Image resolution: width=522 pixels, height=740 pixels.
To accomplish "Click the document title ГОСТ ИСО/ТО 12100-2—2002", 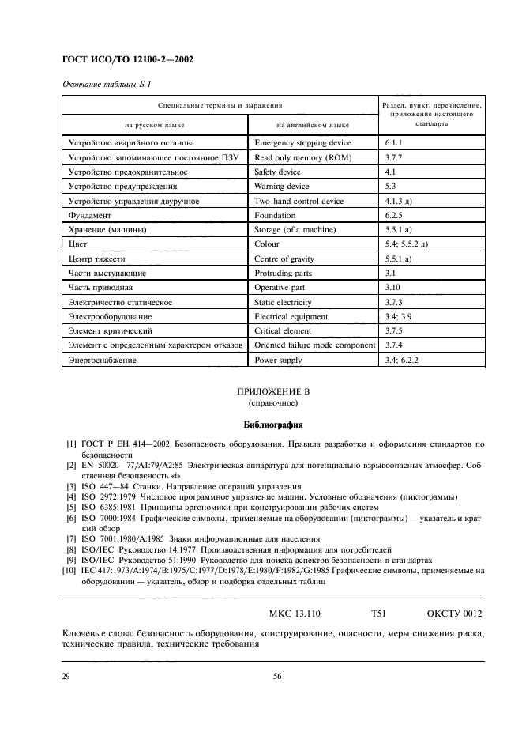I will pos(127,59).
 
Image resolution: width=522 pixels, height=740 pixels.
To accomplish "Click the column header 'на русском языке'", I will pos(155,125).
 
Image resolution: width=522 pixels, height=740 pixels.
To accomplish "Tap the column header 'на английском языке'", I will pos(313,125).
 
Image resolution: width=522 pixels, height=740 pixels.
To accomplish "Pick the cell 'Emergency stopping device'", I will pos(302,143).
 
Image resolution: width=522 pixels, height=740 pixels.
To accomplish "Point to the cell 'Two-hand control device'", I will pos(299,201).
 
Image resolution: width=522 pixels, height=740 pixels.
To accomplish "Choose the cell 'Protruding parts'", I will pos(284,273).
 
